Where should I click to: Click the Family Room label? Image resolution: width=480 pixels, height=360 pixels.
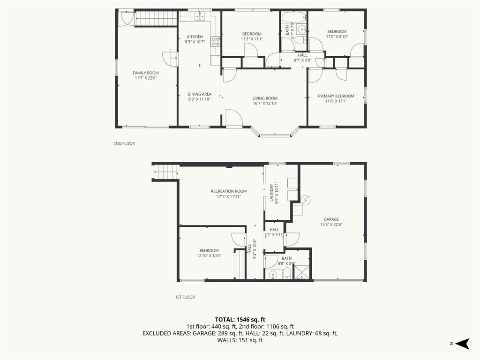point(146,73)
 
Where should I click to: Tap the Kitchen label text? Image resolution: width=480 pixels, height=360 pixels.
point(195,37)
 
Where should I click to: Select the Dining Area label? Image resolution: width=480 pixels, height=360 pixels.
point(199,94)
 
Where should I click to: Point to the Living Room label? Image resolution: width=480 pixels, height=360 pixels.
point(265,98)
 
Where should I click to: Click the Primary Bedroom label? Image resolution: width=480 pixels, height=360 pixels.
point(336,96)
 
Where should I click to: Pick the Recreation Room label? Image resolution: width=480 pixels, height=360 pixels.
point(229,191)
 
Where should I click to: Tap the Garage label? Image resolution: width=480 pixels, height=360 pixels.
point(331,219)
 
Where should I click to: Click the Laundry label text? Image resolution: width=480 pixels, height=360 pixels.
point(271,193)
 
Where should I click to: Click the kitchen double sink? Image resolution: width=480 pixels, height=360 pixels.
point(200,16)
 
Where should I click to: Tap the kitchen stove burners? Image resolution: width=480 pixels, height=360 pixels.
point(216,42)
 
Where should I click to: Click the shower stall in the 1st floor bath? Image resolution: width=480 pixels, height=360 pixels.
point(301,272)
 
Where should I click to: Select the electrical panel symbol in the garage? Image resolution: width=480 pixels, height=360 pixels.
point(306,200)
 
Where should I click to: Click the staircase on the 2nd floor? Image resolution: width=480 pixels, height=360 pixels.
point(156,18)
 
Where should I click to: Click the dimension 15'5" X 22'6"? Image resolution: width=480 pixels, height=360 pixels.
point(331,225)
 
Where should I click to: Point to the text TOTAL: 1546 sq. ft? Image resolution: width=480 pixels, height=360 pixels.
point(240,320)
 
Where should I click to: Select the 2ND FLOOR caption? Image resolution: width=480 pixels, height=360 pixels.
point(124,143)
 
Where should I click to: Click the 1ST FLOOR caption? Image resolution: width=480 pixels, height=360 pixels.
point(185,297)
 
